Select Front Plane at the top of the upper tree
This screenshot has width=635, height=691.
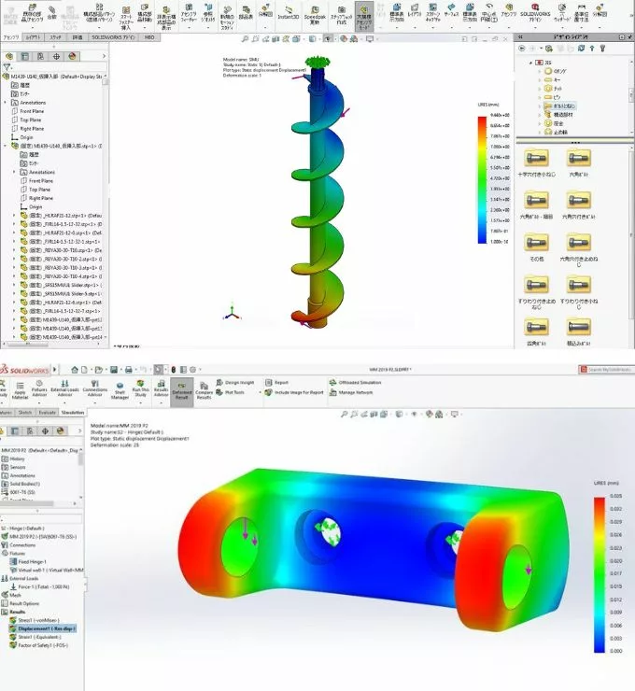pyautogui.click(x=33, y=111)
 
